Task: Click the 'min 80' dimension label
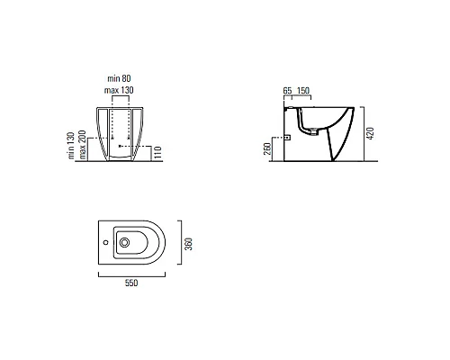pyautogui.click(x=119, y=78)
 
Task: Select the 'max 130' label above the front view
pyautogui.click(x=119, y=90)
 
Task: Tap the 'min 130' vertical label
pyautogui.click(x=71, y=146)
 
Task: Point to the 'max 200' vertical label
pyautogui.click(x=83, y=145)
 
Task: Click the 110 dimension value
pyautogui.click(x=157, y=152)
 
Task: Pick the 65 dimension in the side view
pyautogui.click(x=287, y=90)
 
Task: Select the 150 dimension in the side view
pyautogui.click(x=303, y=90)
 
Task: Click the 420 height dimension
pyautogui.click(x=371, y=133)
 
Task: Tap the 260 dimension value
pyautogui.click(x=267, y=148)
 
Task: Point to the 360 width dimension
pyautogui.click(x=188, y=244)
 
